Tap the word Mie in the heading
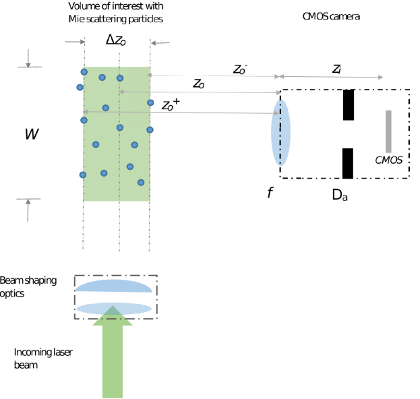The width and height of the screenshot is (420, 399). pyautogui.click(x=76, y=19)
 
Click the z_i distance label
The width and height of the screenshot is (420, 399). pyautogui.click(x=336, y=69)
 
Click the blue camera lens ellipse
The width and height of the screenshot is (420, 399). pyautogui.click(x=280, y=133)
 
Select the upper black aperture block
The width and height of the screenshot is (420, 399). pyautogui.click(x=348, y=104)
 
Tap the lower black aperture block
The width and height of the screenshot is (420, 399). pyautogui.click(x=348, y=163)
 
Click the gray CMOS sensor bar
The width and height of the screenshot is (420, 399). pyautogui.click(x=388, y=131)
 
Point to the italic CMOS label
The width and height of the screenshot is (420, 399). pyautogui.click(x=388, y=160)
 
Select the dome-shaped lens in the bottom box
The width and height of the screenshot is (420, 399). pyautogui.click(x=113, y=286)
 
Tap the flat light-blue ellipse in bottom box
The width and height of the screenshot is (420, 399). pyautogui.click(x=113, y=309)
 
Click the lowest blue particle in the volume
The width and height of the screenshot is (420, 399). pyautogui.click(x=141, y=182)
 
